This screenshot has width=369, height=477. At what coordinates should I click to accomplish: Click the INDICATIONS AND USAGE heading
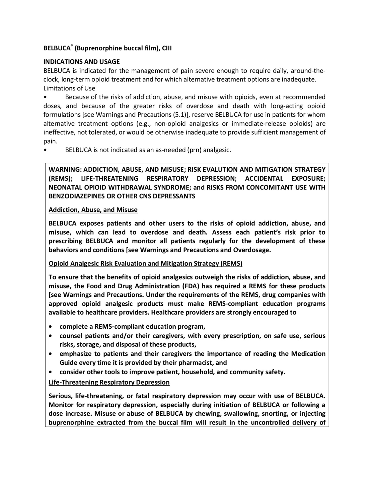click(x=81, y=62)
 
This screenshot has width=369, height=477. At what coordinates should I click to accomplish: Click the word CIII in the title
click(x=167, y=48)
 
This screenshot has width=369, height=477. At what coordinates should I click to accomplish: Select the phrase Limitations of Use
click(x=69, y=88)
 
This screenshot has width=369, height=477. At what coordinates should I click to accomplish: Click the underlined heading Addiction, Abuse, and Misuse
click(x=93, y=210)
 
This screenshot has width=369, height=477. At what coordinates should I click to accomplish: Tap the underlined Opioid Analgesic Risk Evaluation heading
click(x=145, y=264)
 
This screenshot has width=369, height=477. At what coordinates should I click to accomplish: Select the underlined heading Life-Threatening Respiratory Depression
click(x=109, y=382)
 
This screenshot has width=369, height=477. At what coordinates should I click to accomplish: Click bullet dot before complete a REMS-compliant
click(x=51, y=327)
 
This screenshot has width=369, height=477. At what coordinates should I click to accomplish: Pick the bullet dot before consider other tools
click(x=51, y=372)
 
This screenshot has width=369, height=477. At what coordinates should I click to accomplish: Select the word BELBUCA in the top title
click(x=57, y=48)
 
